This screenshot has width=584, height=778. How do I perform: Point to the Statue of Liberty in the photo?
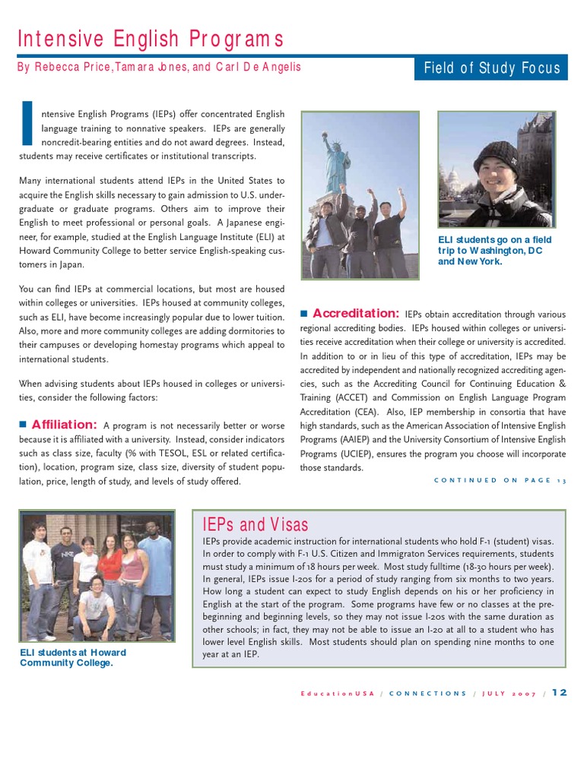(335, 161)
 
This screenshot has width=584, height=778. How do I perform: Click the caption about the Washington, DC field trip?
(494, 250)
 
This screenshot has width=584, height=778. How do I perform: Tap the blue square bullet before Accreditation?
(303, 313)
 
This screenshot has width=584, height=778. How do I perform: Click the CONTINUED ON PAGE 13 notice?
(500, 480)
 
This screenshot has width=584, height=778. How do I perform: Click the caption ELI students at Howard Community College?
(73, 657)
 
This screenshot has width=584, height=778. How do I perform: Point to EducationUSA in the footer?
(338, 693)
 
